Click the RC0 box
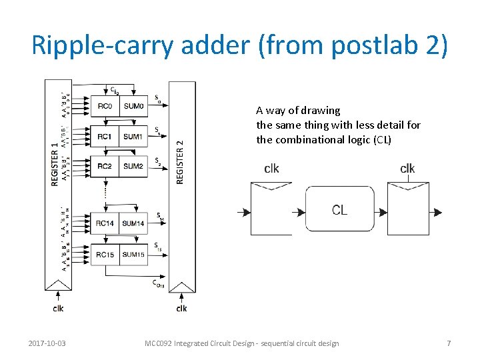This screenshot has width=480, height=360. tap(105, 107)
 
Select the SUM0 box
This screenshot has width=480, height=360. tap(133, 107)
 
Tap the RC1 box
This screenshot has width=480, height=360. tap(105, 137)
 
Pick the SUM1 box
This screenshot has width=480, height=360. tap(133, 137)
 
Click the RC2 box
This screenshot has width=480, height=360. tap(105, 166)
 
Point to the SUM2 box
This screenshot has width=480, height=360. tap(133, 166)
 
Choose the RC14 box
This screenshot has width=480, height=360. tap(105, 223)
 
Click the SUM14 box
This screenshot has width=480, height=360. tap(133, 223)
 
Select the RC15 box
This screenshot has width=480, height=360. tap(105, 254)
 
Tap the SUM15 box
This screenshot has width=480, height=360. tap(133, 254)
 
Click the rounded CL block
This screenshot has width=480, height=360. tap(339, 210)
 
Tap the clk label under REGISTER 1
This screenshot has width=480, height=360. tap(59, 308)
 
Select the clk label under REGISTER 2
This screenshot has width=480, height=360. tap(181, 308)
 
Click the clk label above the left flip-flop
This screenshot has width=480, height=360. tap(271, 169)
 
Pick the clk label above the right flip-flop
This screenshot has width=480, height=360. tap(407, 169)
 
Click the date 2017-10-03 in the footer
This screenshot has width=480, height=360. tap(47, 343)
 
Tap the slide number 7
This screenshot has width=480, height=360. tap(449, 343)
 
